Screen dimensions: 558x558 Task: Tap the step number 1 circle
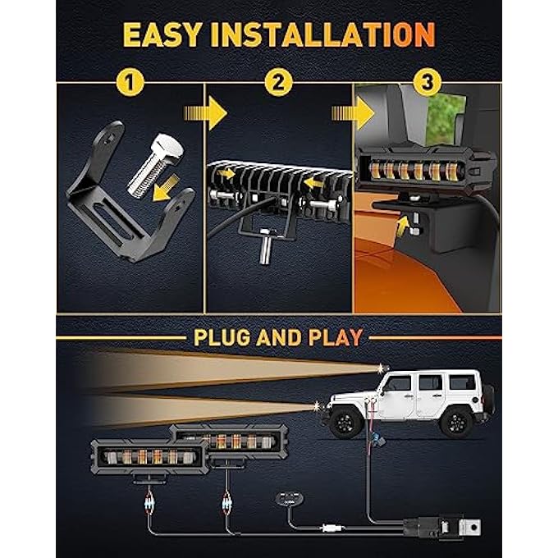coord(130,83)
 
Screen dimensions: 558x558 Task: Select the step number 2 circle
coord(279,82)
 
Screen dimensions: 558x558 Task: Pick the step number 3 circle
coord(428,82)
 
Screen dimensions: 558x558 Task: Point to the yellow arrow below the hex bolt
coord(166,187)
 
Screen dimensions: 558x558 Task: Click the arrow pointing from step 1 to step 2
coord(205,113)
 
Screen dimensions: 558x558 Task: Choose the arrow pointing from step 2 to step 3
coord(353,113)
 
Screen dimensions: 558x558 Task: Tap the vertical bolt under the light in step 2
coord(266,245)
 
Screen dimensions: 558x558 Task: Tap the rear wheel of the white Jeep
coord(456,422)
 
